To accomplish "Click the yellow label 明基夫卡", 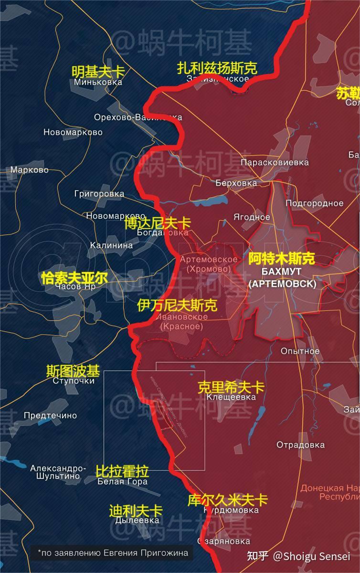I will pyautogui.click(x=98, y=72).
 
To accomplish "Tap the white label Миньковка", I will pyautogui.click(x=98, y=82).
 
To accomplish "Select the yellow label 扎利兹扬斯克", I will pyautogui.click(x=217, y=68).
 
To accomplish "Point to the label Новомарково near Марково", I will pyautogui.click(x=73, y=132).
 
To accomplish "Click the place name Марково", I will pyautogui.click(x=30, y=170).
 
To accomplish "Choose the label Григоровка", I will pyautogui.click(x=99, y=194).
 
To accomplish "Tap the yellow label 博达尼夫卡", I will pyautogui.click(x=157, y=223).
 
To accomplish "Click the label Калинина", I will pyautogui.click(x=112, y=245).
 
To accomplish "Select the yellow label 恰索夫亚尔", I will pyautogui.click(x=74, y=278).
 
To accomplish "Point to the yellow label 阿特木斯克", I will pyautogui.click(x=282, y=259).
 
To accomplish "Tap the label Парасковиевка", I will pyautogui.click(x=275, y=163).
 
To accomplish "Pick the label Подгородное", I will pyautogui.click(x=314, y=203).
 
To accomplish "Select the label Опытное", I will pyautogui.click(x=300, y=351).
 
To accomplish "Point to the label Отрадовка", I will pyautogui.click(x=301, y=445).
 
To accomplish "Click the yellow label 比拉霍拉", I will pyautogui.click(x=122, y=471).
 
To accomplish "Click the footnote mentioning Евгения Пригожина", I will pyautogui.click(x=113, y=553).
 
